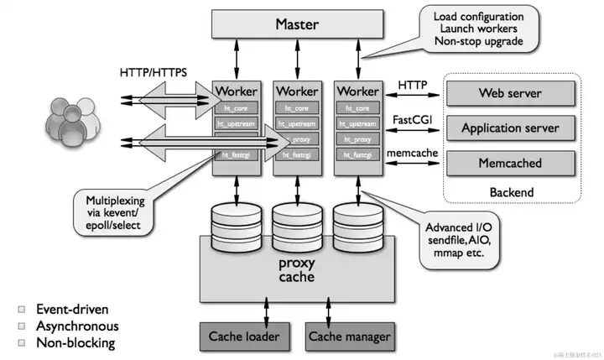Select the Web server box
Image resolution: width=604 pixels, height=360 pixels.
[x=509, y=93]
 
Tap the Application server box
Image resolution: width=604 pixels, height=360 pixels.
[x=509, y=128]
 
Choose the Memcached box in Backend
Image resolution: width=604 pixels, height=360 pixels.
[x=509, y=163]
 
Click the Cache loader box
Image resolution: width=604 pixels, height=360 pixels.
[x=243, y=337]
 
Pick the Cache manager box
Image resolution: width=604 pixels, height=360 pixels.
[x=349, y=337]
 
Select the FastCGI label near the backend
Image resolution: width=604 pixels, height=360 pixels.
[x=412, y=120]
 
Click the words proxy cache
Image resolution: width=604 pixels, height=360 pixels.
[x=295, y=271]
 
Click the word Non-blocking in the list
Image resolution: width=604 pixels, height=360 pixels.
[x=75, y=342]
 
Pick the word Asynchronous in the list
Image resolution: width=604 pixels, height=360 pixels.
[x=77, y=326]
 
